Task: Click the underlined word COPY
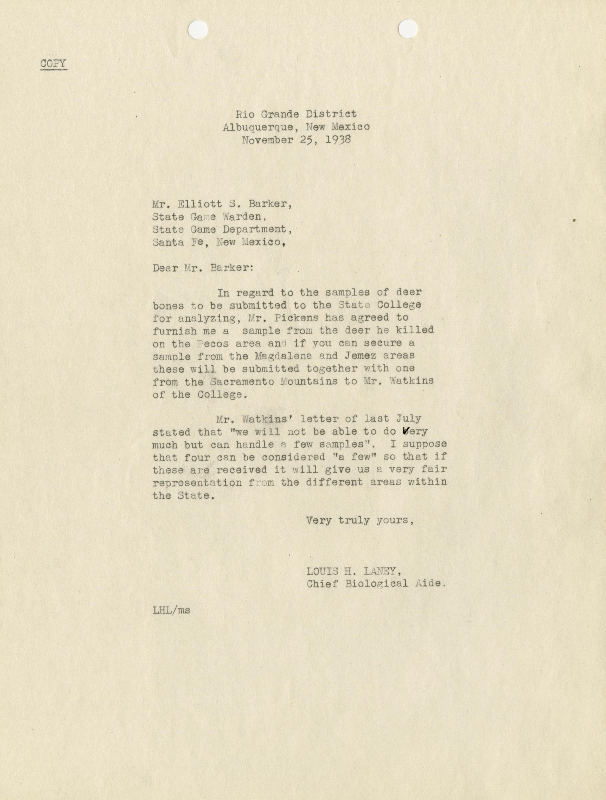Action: [x=53, y=64]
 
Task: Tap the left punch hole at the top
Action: [x=198, y=29]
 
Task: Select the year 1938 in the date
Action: [x=338, y=140]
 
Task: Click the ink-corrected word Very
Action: [x=415, y=431]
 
